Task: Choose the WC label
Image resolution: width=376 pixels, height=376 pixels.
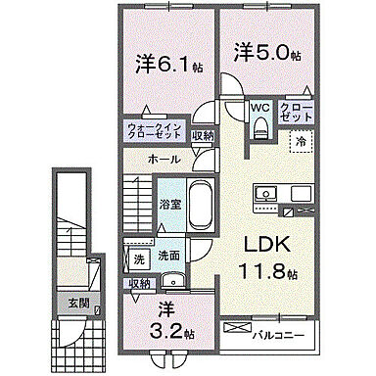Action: coord(258,107)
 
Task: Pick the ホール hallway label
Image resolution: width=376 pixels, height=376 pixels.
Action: coord(164,157)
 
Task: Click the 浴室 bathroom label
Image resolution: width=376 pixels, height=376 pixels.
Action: coord(170,205)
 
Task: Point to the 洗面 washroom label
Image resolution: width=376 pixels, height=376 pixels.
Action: coord(168,257)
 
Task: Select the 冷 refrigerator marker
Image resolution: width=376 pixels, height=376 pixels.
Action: coord(301,140)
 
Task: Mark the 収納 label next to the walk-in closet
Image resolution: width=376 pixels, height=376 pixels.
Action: coord(202,136)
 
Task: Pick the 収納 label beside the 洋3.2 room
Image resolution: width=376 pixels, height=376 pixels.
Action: coord(139,283)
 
